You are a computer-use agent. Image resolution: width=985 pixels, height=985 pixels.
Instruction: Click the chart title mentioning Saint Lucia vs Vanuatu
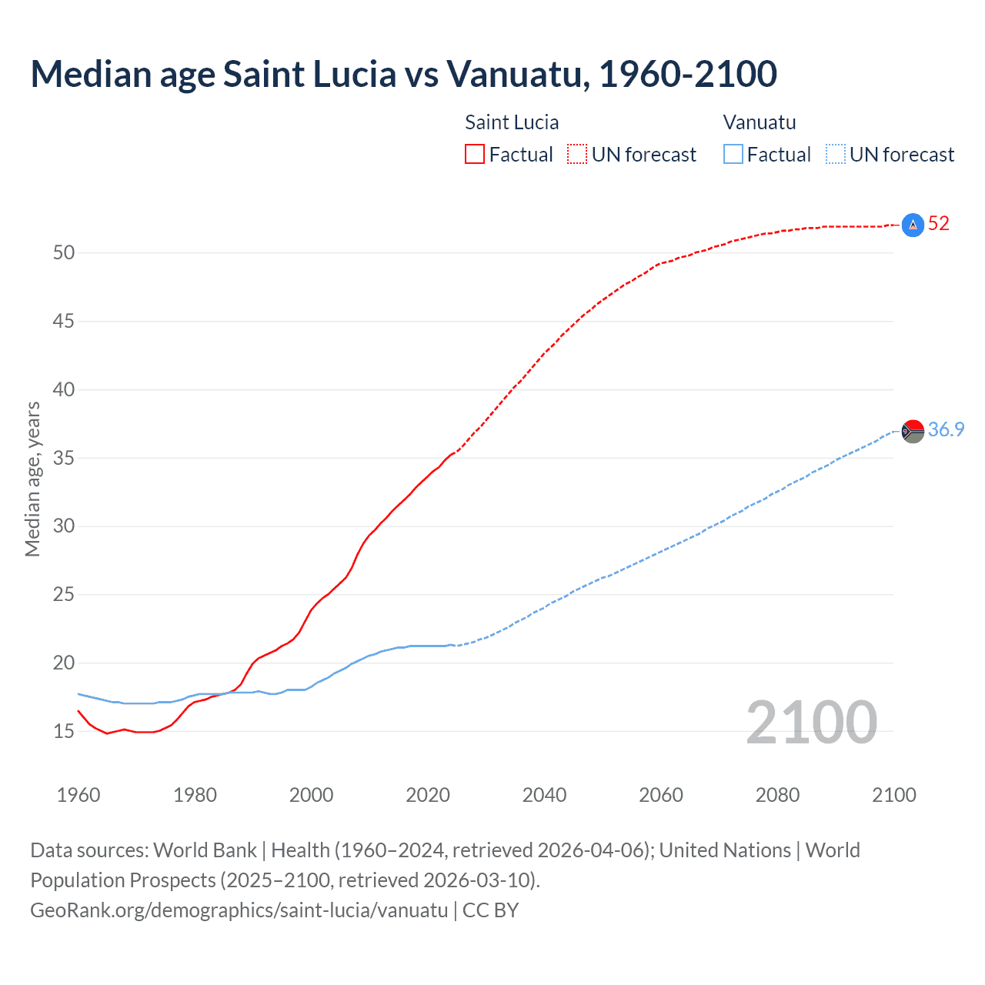pos(403,74)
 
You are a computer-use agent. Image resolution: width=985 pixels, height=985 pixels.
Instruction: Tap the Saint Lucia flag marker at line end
pos(913,225)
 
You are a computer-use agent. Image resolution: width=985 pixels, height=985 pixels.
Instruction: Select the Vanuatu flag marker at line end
pos(913,431)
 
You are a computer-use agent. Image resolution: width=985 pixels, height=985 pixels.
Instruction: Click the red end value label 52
pos(939,224)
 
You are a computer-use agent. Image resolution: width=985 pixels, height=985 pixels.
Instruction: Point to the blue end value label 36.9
pos(946,430)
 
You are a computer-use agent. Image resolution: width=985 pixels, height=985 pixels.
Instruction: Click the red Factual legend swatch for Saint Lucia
pos(475,155)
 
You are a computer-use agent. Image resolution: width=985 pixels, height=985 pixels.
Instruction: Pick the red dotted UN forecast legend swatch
pos(577,155)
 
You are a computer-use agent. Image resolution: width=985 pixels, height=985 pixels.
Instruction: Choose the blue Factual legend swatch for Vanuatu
pos(733,155)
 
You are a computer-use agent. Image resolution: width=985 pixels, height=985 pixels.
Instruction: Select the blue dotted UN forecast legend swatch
pos(836,155)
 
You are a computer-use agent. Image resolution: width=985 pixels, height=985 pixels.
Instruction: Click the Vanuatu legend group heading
pos(760,122)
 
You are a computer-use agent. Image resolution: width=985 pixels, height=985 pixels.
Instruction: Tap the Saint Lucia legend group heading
pos(512,122)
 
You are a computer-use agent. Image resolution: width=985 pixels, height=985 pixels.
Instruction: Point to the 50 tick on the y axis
pos(63,253)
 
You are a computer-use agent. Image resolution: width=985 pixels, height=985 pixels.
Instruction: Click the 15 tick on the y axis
pos(63,732)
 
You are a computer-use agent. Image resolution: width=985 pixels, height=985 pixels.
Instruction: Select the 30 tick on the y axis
pos(63,526)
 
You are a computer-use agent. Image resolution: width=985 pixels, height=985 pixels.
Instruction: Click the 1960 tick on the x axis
pos(78,795)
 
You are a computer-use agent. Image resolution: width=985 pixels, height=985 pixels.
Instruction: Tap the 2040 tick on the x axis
pos(544,795)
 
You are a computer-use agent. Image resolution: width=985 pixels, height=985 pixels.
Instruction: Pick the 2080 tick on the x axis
pos(777,795)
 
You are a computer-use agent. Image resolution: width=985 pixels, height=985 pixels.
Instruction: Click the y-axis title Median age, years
pos(32,479)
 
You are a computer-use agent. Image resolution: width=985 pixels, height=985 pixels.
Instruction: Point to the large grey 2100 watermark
pos(811,722)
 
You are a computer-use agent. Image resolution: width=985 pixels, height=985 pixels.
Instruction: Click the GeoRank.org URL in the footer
pos(239,910)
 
